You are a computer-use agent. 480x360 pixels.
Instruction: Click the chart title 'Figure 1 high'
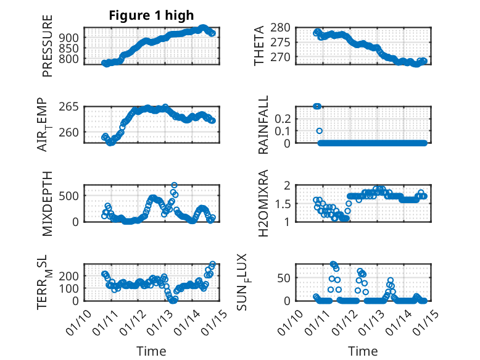click(151, 15)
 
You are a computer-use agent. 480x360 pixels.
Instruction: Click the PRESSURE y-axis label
click(48, 46)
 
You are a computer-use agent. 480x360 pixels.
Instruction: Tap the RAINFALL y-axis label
click(263, 125)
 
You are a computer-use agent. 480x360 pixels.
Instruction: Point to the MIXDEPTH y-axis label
click(48, 203)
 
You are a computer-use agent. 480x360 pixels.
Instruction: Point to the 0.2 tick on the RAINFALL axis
click(300, 118)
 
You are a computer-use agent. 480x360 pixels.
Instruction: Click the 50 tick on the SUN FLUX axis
click(302, 277)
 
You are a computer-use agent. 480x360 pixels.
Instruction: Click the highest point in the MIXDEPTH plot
click(175, 185)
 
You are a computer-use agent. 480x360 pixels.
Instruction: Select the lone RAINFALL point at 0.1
click(320, 131)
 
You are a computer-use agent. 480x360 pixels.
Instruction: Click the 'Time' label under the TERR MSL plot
click(151, 351)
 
